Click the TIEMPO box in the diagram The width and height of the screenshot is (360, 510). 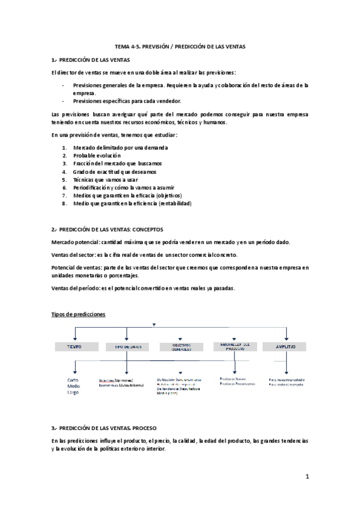(75, 348)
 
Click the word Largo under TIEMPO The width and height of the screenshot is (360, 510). (74, 393)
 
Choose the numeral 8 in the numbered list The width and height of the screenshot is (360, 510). (64, 203)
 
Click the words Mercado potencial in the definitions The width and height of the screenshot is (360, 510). (75, 242)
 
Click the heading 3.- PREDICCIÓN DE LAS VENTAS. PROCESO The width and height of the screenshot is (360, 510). (104, 428)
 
